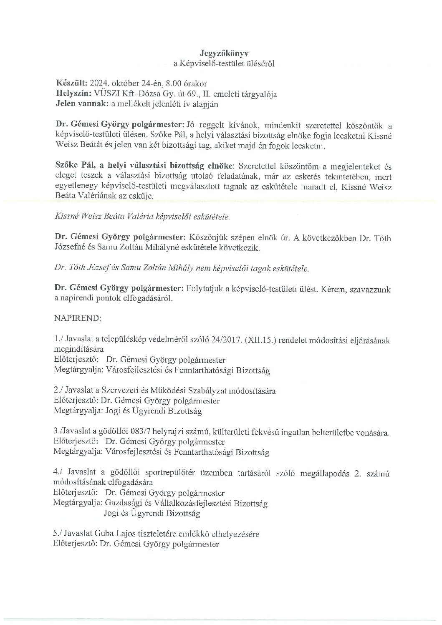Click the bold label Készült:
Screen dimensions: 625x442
tap(70, 83)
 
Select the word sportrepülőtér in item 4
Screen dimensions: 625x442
tap(157, 473)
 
